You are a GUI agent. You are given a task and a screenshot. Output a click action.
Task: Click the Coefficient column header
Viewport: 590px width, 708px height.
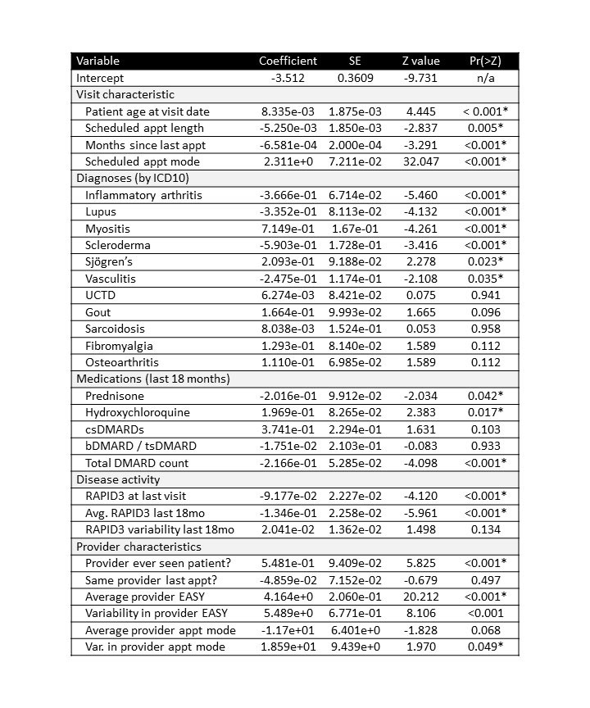288,61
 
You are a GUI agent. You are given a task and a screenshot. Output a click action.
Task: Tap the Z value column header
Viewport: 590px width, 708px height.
420,61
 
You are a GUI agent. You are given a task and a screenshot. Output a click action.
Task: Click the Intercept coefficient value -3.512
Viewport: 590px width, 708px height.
288,78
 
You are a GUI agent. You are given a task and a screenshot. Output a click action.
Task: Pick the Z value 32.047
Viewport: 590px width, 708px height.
420,161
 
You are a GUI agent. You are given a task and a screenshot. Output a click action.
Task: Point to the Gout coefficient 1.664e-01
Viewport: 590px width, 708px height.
288,312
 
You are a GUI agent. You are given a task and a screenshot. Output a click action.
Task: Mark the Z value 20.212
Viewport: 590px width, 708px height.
420,597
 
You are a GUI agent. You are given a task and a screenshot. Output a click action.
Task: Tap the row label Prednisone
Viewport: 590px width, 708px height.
115,396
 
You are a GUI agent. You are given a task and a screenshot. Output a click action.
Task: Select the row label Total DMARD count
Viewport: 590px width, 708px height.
136,463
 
